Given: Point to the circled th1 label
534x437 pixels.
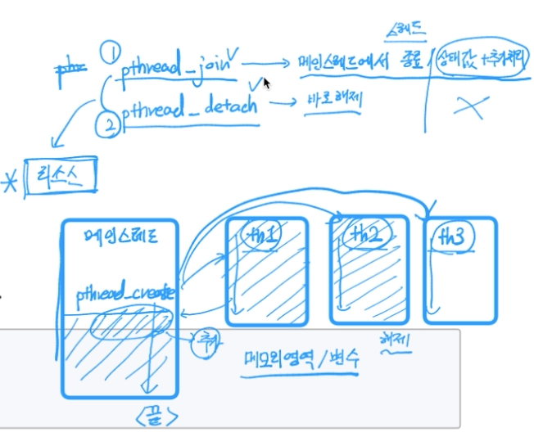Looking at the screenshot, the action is click(x=263, y=236).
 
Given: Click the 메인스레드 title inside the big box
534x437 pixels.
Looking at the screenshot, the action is click(x=119, y=238).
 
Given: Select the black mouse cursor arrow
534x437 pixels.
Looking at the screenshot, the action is click(x=267, y=83).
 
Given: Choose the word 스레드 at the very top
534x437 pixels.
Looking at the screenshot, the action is click(x=405, y=31).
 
